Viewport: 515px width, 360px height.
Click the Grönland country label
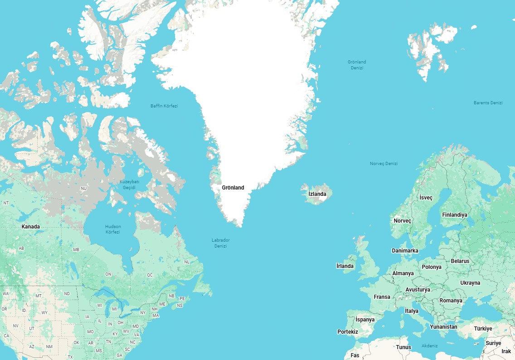coord(233,188)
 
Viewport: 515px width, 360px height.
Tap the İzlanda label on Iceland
coord(317,194)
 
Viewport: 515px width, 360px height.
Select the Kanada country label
coord(30,227)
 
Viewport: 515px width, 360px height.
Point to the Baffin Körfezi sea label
coord(164,106)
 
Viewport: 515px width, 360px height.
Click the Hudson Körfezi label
coord(112,229)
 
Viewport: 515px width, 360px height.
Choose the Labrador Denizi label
coord(220,243)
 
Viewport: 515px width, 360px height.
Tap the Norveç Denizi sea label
coord(384,164)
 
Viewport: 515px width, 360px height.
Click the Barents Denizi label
coord(488,103)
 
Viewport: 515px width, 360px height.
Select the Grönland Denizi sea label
coord(357,65)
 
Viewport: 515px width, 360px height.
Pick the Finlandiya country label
coord(454,215)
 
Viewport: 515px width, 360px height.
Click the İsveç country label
coord(426,198)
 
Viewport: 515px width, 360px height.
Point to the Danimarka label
coord(405,251)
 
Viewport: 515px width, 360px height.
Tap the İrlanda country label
coord(345,266)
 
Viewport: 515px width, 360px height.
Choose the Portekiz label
coord(347,332)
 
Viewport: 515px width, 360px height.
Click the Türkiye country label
coord(483,329)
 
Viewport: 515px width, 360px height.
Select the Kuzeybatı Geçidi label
coord(129,185)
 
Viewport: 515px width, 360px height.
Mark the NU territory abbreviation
coord(83,189)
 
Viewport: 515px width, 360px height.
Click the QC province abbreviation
coord(150,275)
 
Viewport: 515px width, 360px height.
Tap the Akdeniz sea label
coord(429,346)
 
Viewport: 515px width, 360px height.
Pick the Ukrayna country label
coord(470,283)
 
